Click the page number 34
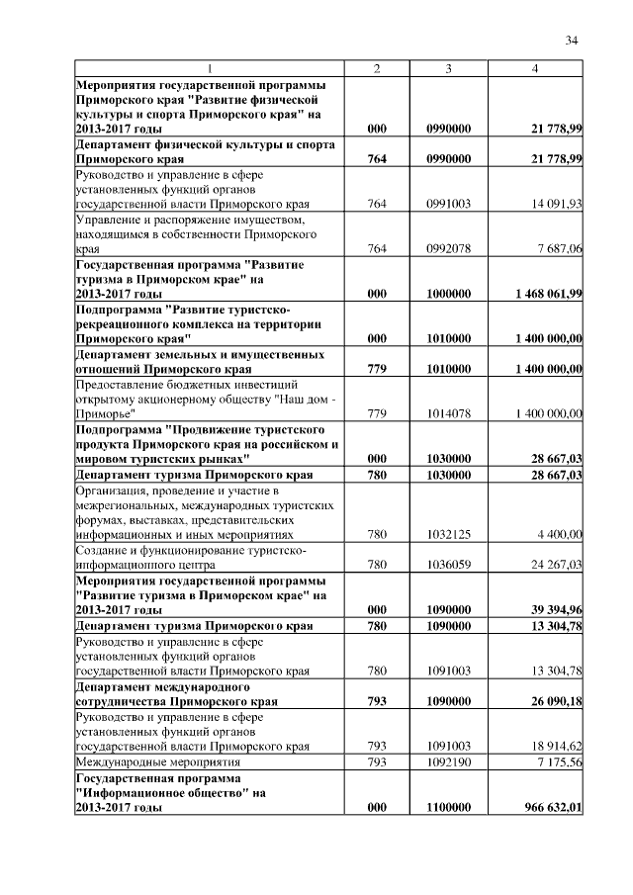click(x=571, y=41)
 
